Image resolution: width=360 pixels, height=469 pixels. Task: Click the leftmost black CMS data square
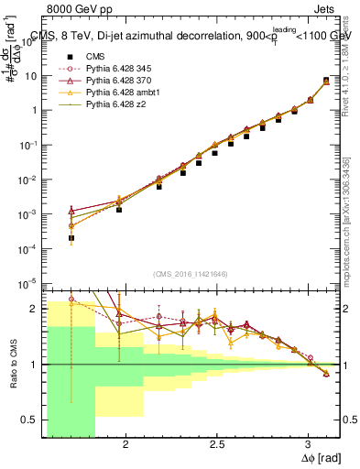(x=71, y=237)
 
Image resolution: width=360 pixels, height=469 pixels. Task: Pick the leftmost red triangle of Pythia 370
(x=71, y=210)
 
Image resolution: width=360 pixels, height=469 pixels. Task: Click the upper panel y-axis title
(x=13, y=92)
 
